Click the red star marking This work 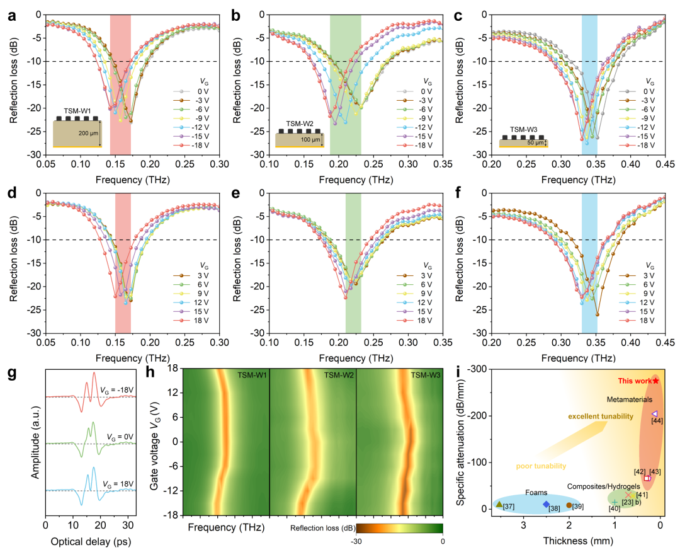coord(656,381)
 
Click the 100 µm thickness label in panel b coord(309,139)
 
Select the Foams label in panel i coord(537,492)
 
